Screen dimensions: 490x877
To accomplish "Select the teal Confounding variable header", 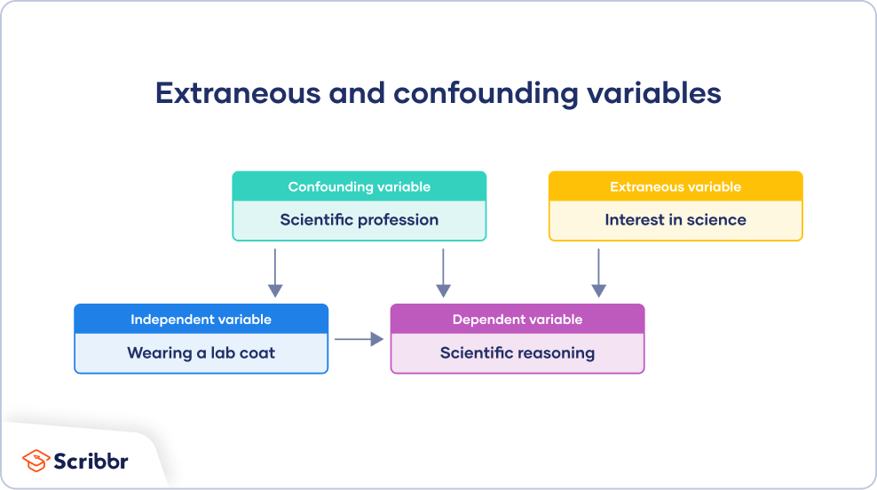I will pyautogui.click(x=359, y=186).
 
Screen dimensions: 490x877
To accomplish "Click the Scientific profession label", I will pyautogui.click(x=359, y=220).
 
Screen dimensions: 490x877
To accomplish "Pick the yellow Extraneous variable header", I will pyautogui.click(x=675, y=186).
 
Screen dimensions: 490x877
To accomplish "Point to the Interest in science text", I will pyautogui.click(x=675, y=220).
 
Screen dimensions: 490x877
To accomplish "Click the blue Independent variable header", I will pyautogui.click(x=201, y=320).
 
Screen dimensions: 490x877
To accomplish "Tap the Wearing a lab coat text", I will pyautogui.click(x=201, y=353).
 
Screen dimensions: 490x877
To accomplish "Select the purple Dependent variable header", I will pyautogui.click(x=517, y=320).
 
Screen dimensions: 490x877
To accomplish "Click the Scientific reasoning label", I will pyautogui.click(x=517, y=353).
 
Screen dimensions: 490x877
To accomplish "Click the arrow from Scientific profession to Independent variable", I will pyautogui.click(x=275, y=273).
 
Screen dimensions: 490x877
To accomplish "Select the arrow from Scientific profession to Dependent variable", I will pyautogui.click(x=443, y=273).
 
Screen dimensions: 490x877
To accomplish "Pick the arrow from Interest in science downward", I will pyautogui.click(x=598, y=273).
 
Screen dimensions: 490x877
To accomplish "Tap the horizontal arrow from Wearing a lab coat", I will pyautogui.click(x=359, y=339).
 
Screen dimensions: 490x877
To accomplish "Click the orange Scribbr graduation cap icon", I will pyautogui.click(x=36, y=461).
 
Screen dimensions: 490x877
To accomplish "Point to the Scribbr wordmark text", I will pyautogui.click(x=91, y=462).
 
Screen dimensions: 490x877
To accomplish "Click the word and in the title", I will pyautogui.click(x=359, y=93).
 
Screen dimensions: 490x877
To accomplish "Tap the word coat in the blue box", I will pyautogui.click(x=257, y=353).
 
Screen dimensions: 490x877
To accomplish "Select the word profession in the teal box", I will pyautogui.click(x=396, y=220).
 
